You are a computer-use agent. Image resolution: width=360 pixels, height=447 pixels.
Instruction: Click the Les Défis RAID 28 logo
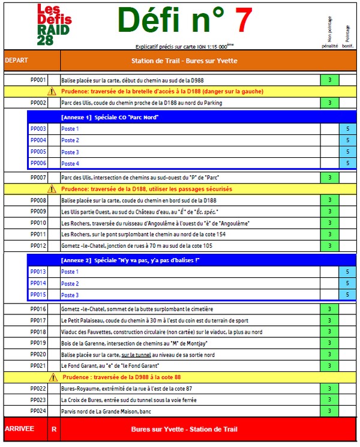pyautogui.click(x=53, y=25)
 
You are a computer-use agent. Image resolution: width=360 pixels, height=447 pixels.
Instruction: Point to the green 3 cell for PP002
pyautogui.click(x=329, y=103)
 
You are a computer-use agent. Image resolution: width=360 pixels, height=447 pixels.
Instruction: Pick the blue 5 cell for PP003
pyautogui.click(x=347, y=129)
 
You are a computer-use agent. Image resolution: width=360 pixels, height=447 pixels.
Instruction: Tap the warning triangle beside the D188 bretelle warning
pyautogui.click(x=52, y=91)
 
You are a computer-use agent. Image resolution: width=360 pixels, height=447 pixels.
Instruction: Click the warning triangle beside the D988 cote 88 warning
pyautogui.click(x=52, y=377)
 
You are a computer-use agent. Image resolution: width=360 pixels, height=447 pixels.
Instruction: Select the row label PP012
pyautogui.click(x=38, y=246)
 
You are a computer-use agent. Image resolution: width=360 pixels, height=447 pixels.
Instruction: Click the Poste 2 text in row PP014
pyautogui.click(x=70, y=283)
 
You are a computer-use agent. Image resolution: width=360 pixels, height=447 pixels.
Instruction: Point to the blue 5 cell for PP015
pyautogui.click(x=347, y=295)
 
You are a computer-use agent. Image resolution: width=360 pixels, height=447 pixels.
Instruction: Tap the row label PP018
pyautogui.click(x=38, y=332)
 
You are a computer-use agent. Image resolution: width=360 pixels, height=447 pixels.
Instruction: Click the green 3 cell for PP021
pyautogui.click(x=329, y=366)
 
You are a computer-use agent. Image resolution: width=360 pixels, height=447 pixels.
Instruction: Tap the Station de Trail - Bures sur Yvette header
pyautogui.click(x=184, y=61)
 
